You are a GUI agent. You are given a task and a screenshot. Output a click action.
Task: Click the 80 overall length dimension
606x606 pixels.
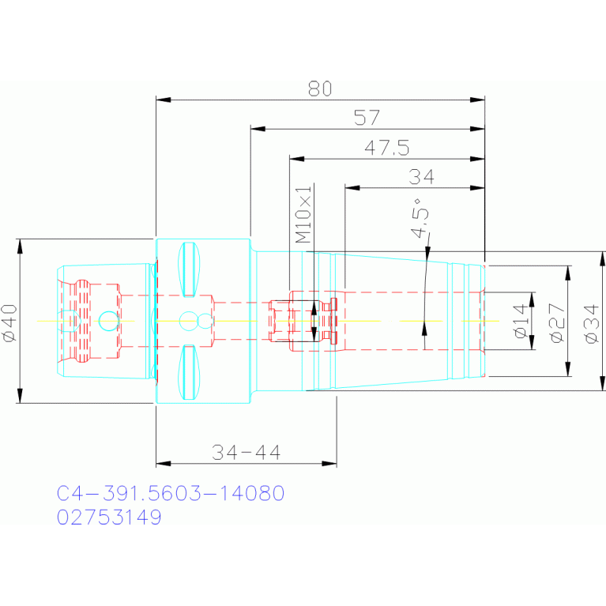(x=320, y=88)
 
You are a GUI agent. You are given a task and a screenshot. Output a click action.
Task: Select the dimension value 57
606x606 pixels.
(x=367, y=118)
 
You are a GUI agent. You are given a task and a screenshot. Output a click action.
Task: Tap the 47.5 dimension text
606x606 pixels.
(x=387, y=148)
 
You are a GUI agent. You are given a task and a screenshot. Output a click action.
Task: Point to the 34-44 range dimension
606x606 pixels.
(x=247, y=452)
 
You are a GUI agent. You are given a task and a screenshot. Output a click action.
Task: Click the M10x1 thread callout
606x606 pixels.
(x=303, y=214)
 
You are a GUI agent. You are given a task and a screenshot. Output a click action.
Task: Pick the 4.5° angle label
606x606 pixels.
(x=420, y=218)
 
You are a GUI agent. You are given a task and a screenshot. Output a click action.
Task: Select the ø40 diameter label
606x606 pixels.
(x=9, y=323)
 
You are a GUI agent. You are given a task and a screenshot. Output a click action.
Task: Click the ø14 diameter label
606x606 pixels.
(x=521, y=321)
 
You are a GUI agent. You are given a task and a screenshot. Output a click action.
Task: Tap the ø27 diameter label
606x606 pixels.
(x=557, y=322)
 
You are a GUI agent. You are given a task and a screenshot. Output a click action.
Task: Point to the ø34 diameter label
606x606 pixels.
(x=592, y=324)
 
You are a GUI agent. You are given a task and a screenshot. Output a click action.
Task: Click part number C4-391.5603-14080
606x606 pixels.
(x=171, y=493)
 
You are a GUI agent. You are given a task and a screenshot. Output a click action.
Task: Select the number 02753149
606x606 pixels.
(x=109, y=517)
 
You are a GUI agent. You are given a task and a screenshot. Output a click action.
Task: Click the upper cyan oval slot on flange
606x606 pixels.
(x=189, y=269)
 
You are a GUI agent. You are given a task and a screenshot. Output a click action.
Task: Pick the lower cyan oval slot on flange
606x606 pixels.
(x=189, y=372)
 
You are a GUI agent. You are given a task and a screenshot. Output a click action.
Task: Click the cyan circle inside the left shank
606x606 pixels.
(x=108, y=321)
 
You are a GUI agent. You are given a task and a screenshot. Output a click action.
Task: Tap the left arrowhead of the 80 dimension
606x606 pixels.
(x=163, y=100)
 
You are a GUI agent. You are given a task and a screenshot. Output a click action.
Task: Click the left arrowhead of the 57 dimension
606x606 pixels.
(x=258, y=129)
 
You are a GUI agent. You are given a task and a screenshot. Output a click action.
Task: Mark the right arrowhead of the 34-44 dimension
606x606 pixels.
(x=329, y=463)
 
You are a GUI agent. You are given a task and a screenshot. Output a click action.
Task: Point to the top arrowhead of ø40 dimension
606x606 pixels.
(x=20, y=247)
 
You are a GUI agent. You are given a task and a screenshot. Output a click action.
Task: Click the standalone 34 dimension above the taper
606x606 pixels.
(x=421, y=177)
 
